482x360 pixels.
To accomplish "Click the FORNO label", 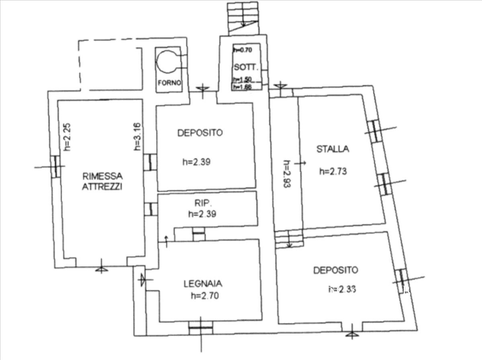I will click(169, 83).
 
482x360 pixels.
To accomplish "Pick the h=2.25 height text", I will click(67, 137).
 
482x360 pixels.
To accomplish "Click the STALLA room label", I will click(333, 149).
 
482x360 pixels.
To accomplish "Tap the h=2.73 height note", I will click(333, 171).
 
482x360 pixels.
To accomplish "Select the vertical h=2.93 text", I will click(286, 175).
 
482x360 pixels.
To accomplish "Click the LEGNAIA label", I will click(203, 284).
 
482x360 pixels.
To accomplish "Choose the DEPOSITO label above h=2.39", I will click(200, 133).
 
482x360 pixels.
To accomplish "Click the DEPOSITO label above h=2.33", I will click(335, 270).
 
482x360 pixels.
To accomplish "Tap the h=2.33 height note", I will click(343, 288).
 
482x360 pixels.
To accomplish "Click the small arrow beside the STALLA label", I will click(300, 163).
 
